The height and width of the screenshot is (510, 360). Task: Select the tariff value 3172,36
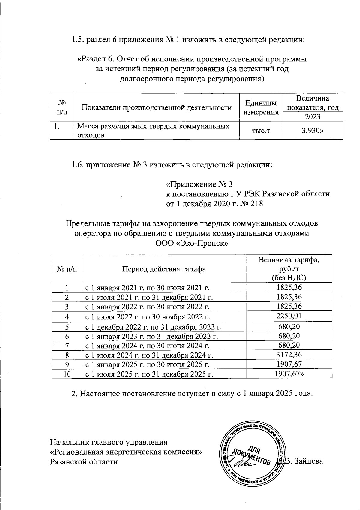tap(289, 355)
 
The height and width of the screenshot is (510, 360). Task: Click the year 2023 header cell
tap(313, 117)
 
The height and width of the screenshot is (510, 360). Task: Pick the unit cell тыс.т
tap(261, 130)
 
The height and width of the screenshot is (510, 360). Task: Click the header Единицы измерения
tap(261, 108)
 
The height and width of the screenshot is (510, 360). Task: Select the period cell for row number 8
tap(149, 355)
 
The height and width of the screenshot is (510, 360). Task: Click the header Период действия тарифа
tap(164, 269)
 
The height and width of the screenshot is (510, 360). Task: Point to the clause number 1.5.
tap(78, 40)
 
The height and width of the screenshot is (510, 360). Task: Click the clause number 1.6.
tap(78, 165)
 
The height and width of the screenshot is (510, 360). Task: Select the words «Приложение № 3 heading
tap(199, 184)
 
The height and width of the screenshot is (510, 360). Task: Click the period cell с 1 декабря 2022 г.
tap(154, 327)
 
